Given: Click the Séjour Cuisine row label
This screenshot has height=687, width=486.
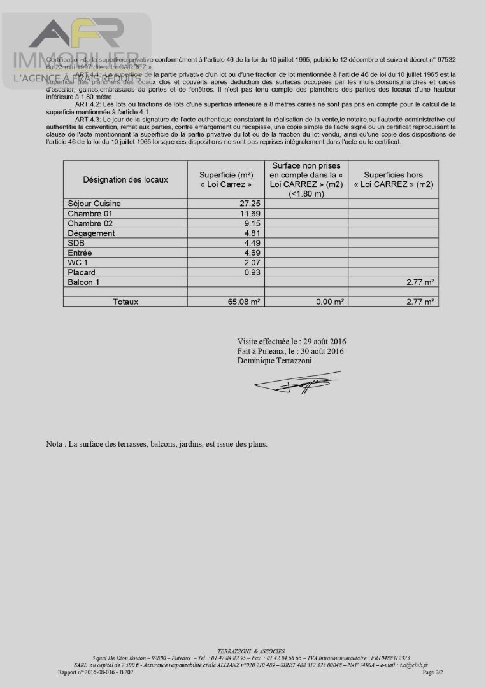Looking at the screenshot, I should point(94,204).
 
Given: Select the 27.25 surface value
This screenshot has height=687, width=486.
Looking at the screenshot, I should point(248,204).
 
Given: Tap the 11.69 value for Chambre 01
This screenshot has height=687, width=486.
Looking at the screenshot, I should point(248,214).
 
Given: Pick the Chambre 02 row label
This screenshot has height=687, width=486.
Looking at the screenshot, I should point(90,224).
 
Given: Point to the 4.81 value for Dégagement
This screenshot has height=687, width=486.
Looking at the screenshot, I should point(250,233).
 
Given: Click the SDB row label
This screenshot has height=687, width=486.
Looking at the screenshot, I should point(76,243).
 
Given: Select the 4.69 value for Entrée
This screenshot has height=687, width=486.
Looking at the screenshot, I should point(250,253).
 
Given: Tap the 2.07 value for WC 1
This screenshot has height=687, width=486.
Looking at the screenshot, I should point(250,263).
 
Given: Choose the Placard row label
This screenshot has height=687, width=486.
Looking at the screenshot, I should point(82,272).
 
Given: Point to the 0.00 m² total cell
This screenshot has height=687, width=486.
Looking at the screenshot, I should point(330,302).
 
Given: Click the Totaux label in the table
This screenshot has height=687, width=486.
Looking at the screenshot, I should point(125,302).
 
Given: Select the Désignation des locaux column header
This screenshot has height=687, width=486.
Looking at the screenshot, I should point(125,179).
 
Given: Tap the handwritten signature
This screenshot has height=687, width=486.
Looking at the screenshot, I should point(296,382).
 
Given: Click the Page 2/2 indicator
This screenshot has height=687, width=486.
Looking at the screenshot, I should point(432,672).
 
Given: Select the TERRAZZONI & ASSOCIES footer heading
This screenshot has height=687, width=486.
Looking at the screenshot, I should point(243,652).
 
